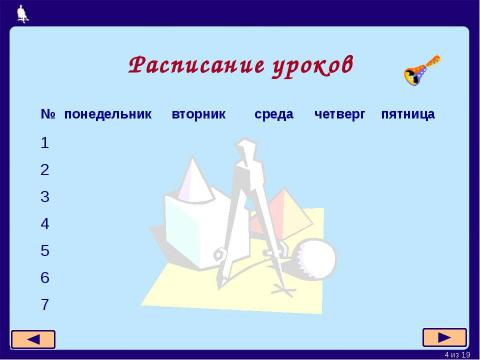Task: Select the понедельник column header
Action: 108,114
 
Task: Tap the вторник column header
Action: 200,114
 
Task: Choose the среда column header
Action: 274,114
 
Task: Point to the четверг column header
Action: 338,114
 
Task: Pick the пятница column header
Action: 408,114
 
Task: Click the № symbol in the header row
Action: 47,114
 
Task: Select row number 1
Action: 45,142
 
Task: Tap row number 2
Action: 45,169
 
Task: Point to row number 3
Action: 45,196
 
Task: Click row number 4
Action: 45,223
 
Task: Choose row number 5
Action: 45,250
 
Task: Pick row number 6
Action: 45,277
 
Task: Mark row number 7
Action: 45,304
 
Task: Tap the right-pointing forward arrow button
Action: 444,336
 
